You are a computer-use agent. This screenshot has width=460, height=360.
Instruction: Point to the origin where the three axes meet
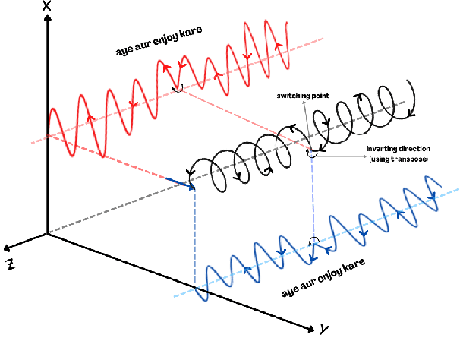[48, 233]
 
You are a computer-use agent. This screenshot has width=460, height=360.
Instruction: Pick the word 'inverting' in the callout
[382, 150]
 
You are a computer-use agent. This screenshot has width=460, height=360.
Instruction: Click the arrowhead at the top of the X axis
[48, 17]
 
